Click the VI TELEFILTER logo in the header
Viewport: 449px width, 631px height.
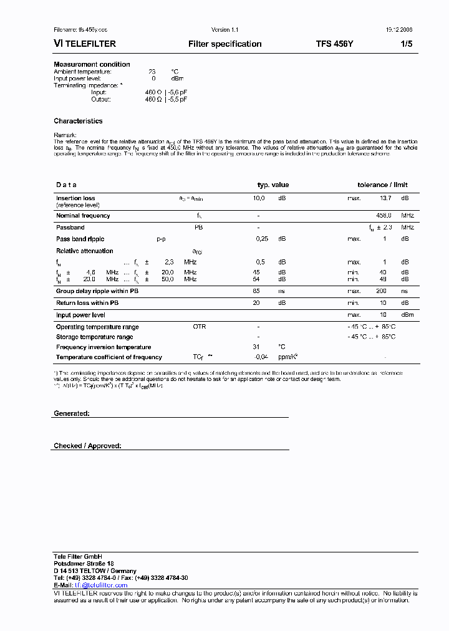[85, 44]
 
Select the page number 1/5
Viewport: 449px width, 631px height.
[406, 44]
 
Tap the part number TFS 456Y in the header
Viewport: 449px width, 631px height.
[334, 44]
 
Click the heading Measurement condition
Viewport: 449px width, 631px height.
[92, 64]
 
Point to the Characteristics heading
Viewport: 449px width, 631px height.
[78, 121]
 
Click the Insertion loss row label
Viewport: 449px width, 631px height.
[75, 198]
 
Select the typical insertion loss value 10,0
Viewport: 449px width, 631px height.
[259, 198]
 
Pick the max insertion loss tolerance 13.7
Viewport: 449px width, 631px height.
[385, 198]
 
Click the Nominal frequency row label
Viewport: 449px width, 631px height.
[83, 216]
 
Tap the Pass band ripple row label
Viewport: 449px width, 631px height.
[80, 239]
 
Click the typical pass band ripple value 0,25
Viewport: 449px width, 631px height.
[261, 239]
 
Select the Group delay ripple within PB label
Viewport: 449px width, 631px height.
[97, 291]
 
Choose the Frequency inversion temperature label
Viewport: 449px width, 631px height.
[104, 347]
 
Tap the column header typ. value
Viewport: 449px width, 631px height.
[273, 185]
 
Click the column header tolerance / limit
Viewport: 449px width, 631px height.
[382, 185]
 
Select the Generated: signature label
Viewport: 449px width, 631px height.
[72, 413]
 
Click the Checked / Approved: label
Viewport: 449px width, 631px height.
[87, 446]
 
